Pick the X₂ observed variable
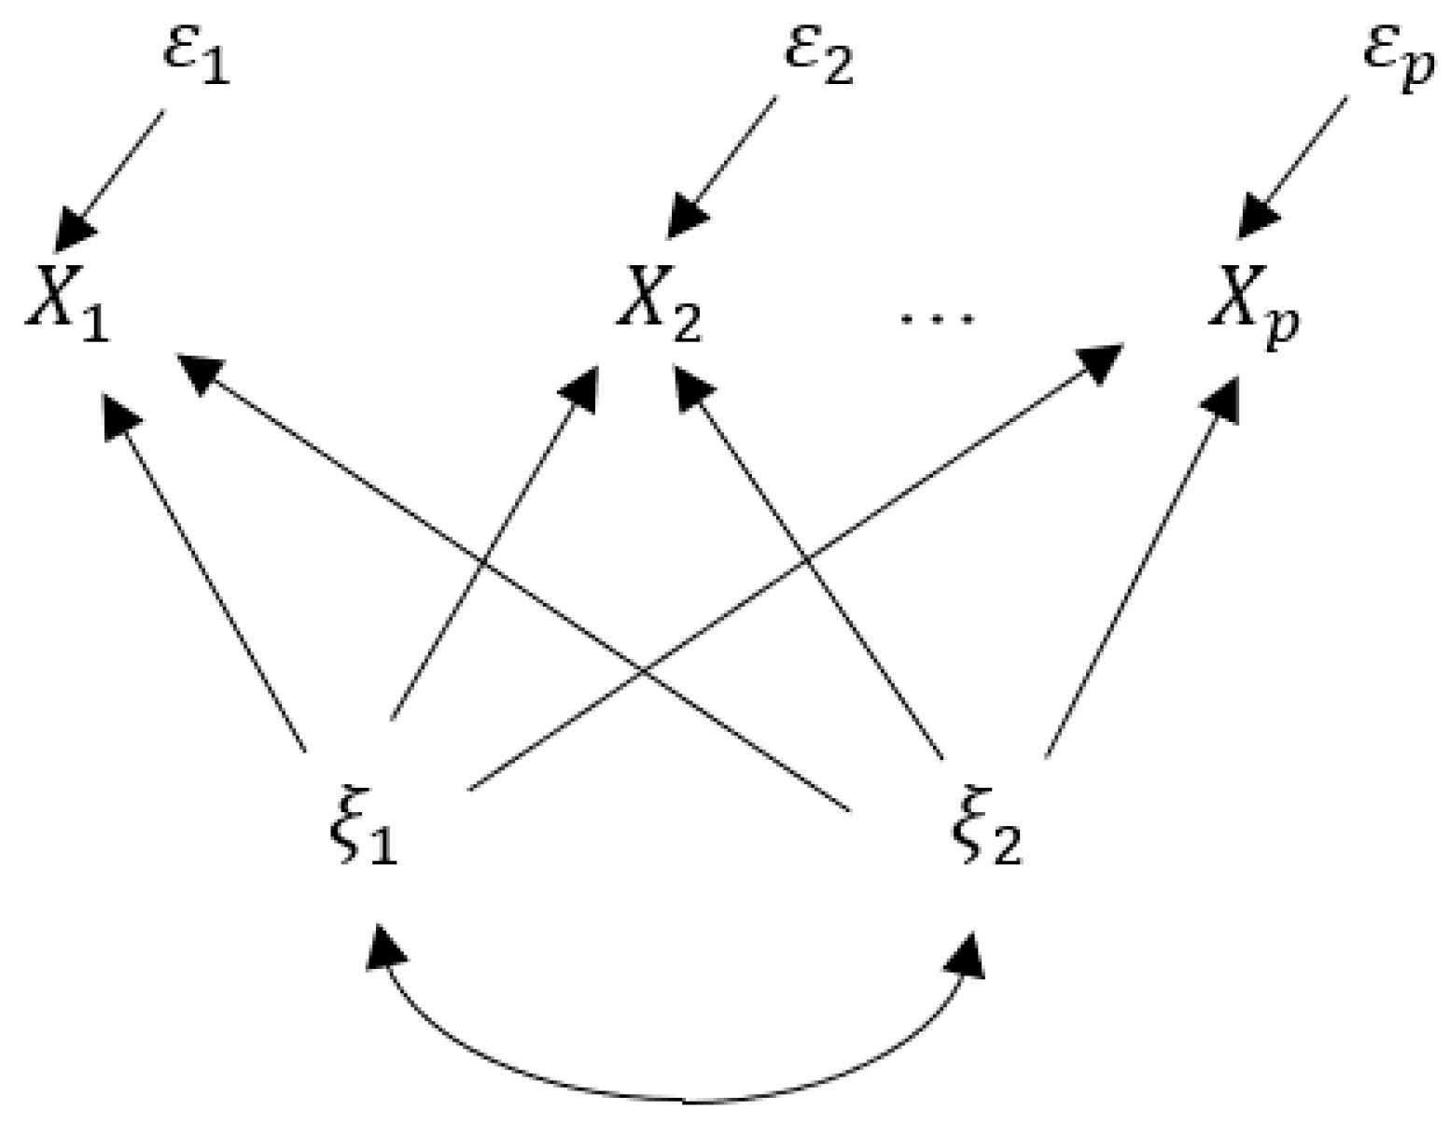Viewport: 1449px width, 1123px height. point(659,303)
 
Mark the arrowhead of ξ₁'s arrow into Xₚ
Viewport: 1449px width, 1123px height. point(1101,359)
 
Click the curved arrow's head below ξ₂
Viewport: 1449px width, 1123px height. point(970,952)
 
